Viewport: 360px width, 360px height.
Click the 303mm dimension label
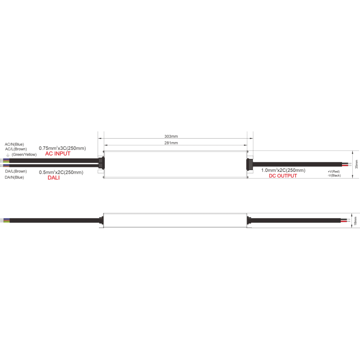coord(171,136)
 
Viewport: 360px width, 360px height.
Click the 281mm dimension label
coord(171,143)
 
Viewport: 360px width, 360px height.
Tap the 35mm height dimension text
coord(356,164)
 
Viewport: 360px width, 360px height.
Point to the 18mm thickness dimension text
coord(355,220)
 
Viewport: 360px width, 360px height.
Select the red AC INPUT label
coord(58,153)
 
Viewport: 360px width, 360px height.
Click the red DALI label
coord(54,177)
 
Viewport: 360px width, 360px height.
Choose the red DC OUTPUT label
coord(283,176)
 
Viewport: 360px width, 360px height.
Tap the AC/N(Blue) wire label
coord(14,144)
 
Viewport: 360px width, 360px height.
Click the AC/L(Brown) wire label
coord(16,149)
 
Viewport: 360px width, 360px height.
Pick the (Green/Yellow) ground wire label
coord(24,154)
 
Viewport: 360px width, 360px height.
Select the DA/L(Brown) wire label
coord(16,171)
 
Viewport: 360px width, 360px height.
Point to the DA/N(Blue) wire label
coord(14,177)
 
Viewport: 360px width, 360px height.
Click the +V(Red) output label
coord(333,171)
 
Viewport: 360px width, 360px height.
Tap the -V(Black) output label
coord(334,175)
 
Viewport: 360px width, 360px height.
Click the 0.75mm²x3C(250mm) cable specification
coord(62,148)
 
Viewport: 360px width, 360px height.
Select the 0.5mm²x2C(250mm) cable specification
coord(61,172)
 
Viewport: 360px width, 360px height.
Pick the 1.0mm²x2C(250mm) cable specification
coord(283,170)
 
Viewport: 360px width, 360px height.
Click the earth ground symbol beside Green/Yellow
coord(8,155)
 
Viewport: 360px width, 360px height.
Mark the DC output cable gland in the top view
coord(249,164)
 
